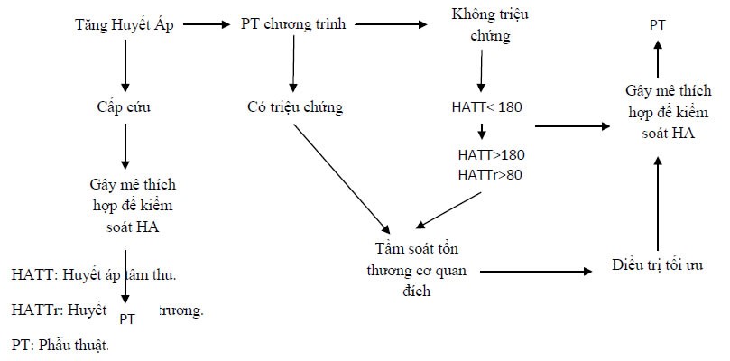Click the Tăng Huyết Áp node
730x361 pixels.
click(125, 24)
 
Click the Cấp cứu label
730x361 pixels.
click(124, 106)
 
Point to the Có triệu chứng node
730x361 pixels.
click(295, 107)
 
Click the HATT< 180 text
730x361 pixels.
click(487, 106)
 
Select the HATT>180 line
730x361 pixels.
click(490, 155)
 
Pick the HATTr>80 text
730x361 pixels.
click(490, 173)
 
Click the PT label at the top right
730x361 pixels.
click(658, 24)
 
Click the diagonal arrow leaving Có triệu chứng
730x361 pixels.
click(342, 174)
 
